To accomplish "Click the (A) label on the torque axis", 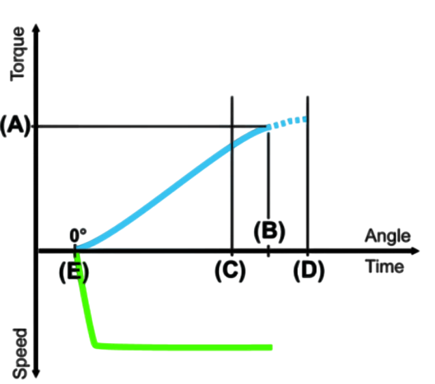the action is (x=15, y=126).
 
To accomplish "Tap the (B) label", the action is (x=269, y=231).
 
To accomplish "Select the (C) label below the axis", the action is (x=230, y=271).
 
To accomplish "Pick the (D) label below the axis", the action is (x=309, y=271).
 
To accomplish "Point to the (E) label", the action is (x=74, y=272).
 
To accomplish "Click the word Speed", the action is (x=20, y=353).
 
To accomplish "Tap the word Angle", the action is (x=388, y=236).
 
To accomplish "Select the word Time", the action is (x=385, y=266).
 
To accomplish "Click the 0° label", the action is (x=78, y=236).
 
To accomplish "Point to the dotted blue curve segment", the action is (x=287, y=122).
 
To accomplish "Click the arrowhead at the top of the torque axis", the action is (x=36, y=28).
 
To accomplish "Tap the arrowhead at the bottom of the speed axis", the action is (x=36, y=374).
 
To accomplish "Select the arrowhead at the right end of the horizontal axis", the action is (x=415, y=251).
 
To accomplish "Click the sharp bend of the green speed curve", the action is (x=95, y=345).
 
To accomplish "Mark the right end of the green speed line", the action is (x=272, y=347).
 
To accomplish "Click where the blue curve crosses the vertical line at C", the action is (x=232, y=146).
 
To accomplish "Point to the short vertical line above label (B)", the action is (x=268, y=176).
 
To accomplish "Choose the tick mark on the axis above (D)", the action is (x=307, y=251).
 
